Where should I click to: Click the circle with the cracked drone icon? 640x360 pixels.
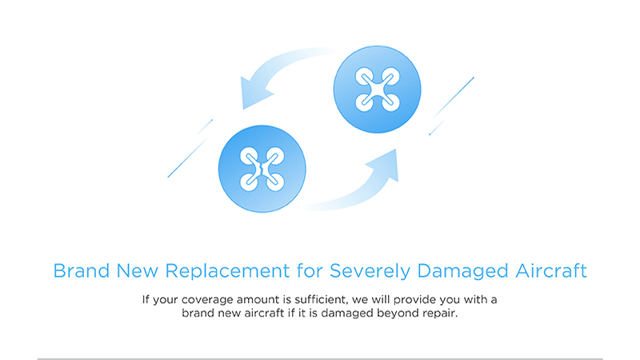[262, 169]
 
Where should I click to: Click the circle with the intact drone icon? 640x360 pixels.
[377, 90]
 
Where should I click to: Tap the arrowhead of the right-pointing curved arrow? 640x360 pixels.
[385, 164]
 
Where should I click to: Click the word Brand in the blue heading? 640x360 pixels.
[82, 270]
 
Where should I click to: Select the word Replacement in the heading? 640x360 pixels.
[227, 270]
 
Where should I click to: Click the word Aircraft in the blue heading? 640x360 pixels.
[551, 270]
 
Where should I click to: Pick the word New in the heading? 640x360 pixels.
[137, 270]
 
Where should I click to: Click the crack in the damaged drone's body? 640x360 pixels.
[262, 169]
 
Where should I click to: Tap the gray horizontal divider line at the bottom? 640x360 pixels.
[320, 359]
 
